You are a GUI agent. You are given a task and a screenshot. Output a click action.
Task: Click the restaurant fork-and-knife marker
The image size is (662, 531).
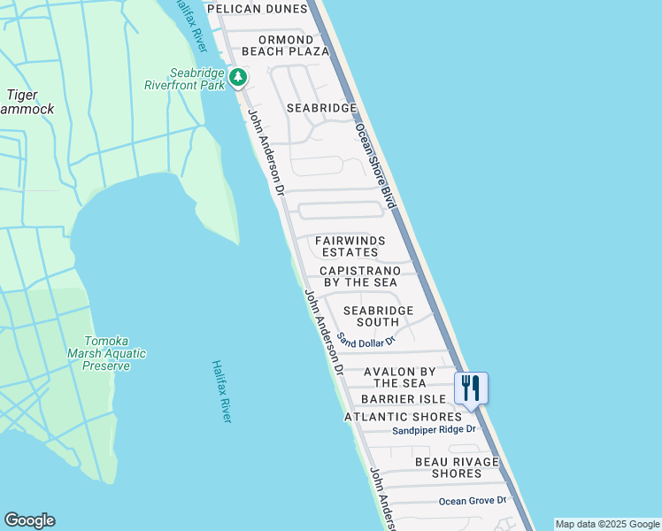pyautogui.click(x=471, y=387)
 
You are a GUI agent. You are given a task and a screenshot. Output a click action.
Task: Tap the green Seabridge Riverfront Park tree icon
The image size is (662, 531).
pyautogui.click(x=238, y=78)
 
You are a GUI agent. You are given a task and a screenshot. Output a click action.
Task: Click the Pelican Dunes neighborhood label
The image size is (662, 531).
pyautogui.click(x=257, y=9)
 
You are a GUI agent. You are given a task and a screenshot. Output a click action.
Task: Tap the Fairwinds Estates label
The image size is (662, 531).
pyautogui.click(x=350, y=246)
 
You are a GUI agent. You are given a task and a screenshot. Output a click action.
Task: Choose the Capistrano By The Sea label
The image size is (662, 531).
pyautogui.click(x=360, y=276)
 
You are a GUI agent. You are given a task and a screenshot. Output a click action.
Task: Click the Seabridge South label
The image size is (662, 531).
pyautogui.click(x=378, y=317)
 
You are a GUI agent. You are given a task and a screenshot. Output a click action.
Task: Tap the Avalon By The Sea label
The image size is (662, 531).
pyautogui.click(x=400, y=377)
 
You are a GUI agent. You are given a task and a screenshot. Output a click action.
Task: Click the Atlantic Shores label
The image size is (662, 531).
pyautogui.click(x=403, y=417)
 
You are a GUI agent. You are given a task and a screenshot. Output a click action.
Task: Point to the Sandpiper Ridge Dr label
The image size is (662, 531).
pyautogui.click(x=435, y=430)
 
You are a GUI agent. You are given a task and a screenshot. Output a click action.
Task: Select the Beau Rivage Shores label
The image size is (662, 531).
pyautogui.click(x=457, y=467)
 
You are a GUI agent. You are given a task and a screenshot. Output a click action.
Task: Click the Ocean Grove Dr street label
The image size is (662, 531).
pyautogui.click(x=473, y=501)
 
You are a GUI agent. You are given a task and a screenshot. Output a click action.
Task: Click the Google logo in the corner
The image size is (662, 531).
pyautogui.click(x=29, y=520)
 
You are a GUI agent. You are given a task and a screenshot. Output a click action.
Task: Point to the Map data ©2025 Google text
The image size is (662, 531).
pyautogui.click(x=607, y=524)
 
